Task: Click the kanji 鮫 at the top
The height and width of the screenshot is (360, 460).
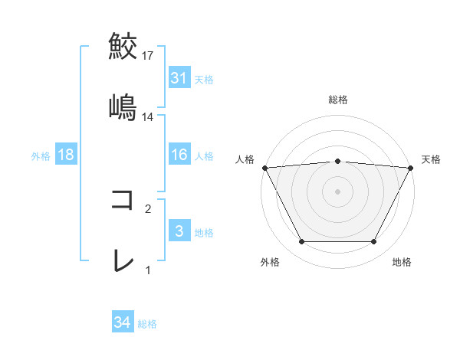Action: click(x=123, y=45)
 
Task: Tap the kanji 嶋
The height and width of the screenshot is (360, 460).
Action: click(x=123, y=107)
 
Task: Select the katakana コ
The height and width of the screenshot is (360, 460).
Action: click(x=123, y=200)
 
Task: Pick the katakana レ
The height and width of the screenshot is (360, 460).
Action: click(x=123, y=261)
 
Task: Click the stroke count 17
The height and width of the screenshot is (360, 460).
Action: click(x=148, y=56)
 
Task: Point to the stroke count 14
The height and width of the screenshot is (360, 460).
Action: click(x=148, y=117)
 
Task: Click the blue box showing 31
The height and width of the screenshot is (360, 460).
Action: click(x=179, y=78)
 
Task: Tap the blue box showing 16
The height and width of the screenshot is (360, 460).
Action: click(x=179, y=155)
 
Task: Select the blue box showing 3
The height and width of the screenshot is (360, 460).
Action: click(x=179, y=231)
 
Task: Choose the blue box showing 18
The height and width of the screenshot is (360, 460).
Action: click(x=66, y=155)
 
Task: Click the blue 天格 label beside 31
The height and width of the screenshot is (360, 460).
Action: click(x=204, y=79)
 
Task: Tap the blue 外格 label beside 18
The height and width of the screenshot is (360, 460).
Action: click(x=41, y=156)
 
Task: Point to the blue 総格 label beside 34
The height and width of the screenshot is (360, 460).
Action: click(x=147, y=324)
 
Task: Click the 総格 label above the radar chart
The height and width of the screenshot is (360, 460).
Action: click(x=338, y=100)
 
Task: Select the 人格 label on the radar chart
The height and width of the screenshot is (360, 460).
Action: click(x=245, y=159)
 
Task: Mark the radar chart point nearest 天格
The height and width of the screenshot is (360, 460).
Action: click(x=411, y=167)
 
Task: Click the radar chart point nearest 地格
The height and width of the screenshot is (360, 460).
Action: click(x=374, y=242)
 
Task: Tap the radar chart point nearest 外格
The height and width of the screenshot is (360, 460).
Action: click(x=301, y=242)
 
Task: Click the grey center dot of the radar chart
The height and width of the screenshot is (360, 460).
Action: click(x=338, y=191)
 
